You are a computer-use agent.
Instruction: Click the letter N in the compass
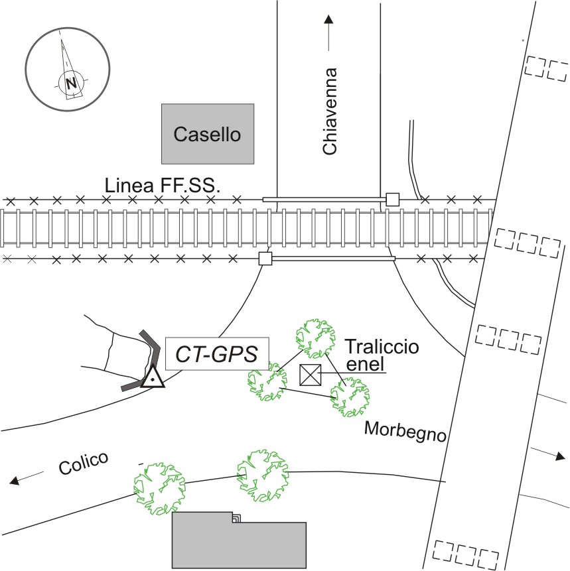[x=69, y=84]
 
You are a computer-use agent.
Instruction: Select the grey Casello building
[x=207, y=133]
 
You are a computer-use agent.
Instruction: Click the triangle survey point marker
[x=153, y=377]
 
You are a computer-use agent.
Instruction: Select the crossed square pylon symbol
[x=310, y=375]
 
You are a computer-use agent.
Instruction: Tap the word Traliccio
[x=382, y=346]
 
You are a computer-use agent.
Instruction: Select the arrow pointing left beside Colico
[x=26, y=477]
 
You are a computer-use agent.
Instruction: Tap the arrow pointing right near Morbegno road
[x=550, y=454]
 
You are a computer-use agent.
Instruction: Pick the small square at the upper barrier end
[x=392, y=199]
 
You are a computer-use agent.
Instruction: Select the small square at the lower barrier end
[x=265, y=259]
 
